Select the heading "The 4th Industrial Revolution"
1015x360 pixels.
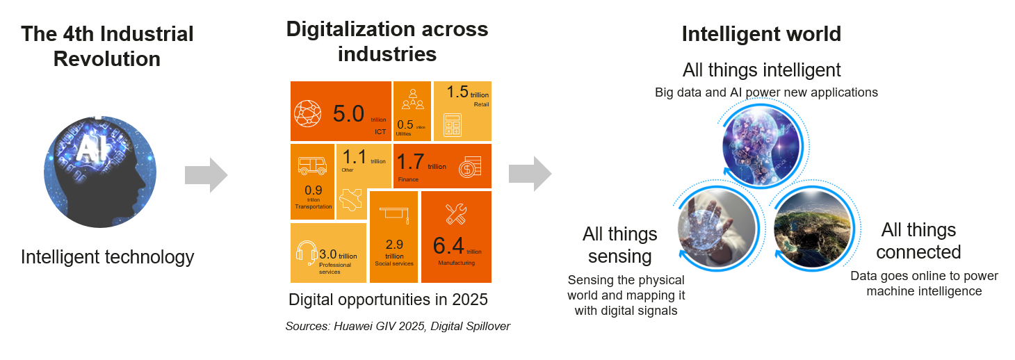click(107, 46)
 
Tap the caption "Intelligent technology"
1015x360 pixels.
click(107, 257)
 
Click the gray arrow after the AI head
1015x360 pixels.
click(206, 175)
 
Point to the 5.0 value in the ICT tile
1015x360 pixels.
click(348, 113)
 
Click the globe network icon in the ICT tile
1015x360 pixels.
click(307, 113)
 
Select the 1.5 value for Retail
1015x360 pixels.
click(457, 92)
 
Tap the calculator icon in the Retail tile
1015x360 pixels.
click(453, 124)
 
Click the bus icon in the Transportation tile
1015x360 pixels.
click(312, 165)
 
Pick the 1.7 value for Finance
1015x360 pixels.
click(409, 162)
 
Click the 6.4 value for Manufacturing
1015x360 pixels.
click(448, 246)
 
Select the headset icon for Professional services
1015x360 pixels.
click(306, 253)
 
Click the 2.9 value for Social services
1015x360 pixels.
click(394, 244)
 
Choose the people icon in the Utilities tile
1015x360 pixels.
click(412, 101)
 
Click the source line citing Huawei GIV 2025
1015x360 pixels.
click(398, 326)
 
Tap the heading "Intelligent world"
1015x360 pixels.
click(761, 33)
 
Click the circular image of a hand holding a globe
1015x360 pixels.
click(716, 224)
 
